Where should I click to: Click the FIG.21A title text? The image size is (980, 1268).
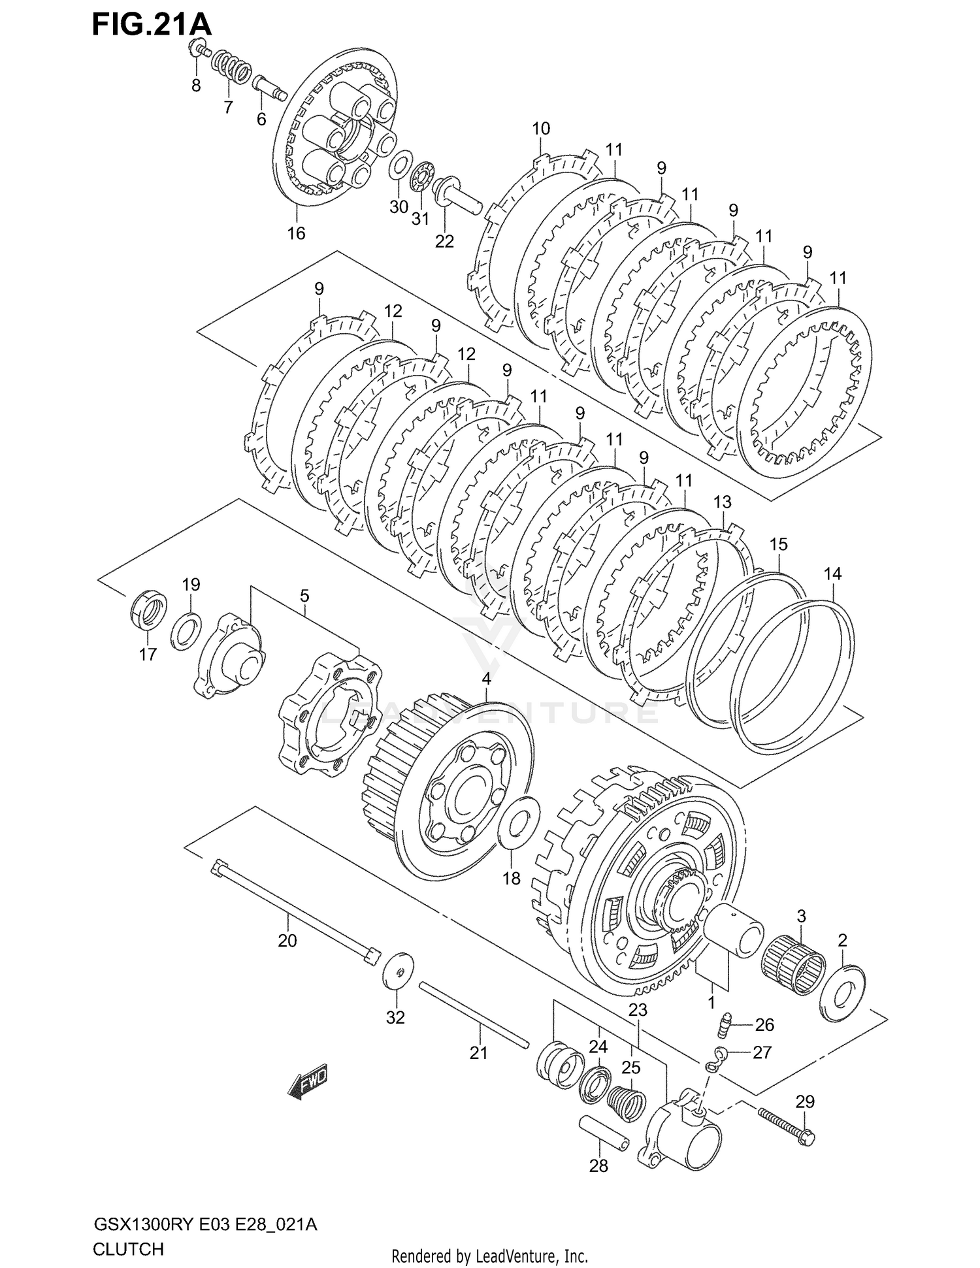pyautogui.click(x=152, y=25)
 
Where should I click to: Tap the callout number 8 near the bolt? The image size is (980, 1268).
pyautogui.click(x=196, y=86)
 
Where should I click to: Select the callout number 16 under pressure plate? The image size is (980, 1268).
pyautogui.click(x=296, y=233)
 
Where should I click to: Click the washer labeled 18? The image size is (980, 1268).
pyautogui.click(x=519, y=820)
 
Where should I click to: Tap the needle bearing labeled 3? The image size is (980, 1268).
pyautogui.click(x=793, y=966)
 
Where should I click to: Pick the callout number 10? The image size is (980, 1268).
pyautogui.click(x=541, y=129)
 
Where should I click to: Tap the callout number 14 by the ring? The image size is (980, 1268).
pyautogui.click(x=832, y=574)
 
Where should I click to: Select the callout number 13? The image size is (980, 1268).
pyautogui.click(x=722, y=502)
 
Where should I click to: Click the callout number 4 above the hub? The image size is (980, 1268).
pyautogui.click(x=486, y=679)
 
